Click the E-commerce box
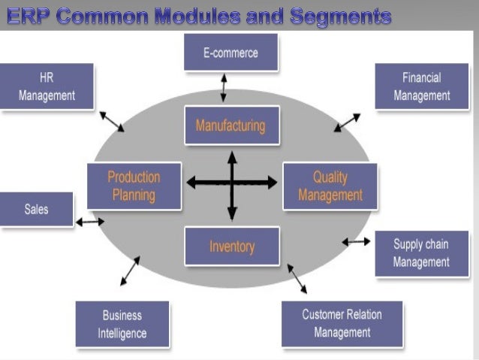pos(230,53)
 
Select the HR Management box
pos(47,86)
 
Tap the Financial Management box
pos(421,86)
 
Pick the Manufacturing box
pos(231,126)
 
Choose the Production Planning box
pos(134,186)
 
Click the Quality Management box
pos(330,186)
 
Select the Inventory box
pos(231,246)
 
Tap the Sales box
pos(36,210)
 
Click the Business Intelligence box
pos(122,324)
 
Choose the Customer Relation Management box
pos(342,324)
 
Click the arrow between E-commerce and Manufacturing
pos(223,88)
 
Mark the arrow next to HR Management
pos(112,121)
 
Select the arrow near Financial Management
pos(347,123)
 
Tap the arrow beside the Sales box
pos(90,222)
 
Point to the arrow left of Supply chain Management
pos(356,241)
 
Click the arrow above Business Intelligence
pos(130,271)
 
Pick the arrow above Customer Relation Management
pos(297,277)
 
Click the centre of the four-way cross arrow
pos(232,182)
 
